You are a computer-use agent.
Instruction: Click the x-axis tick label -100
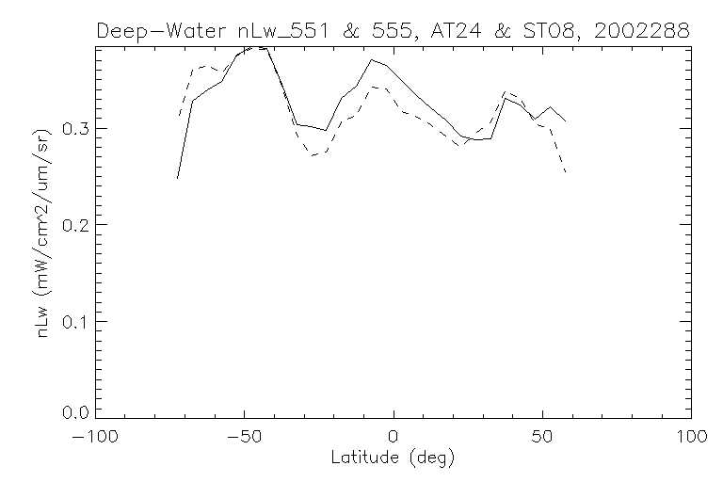coord(97,438)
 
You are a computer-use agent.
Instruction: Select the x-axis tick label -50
coord(244,438)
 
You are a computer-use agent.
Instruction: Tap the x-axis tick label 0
coord(394,438)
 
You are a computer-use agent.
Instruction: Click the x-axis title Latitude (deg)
coord(394,459)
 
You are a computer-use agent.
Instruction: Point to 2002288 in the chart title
coord(643,30)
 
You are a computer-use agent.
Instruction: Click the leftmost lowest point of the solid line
coord(177,178)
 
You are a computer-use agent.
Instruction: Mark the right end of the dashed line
coord(565,172)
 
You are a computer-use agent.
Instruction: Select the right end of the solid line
coord(565,120)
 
